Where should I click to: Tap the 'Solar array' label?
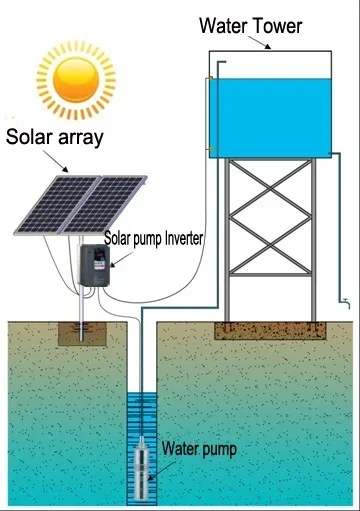click(55, 138)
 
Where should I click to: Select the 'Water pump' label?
click(200, 449)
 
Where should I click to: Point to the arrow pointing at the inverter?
click(115, 262)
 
